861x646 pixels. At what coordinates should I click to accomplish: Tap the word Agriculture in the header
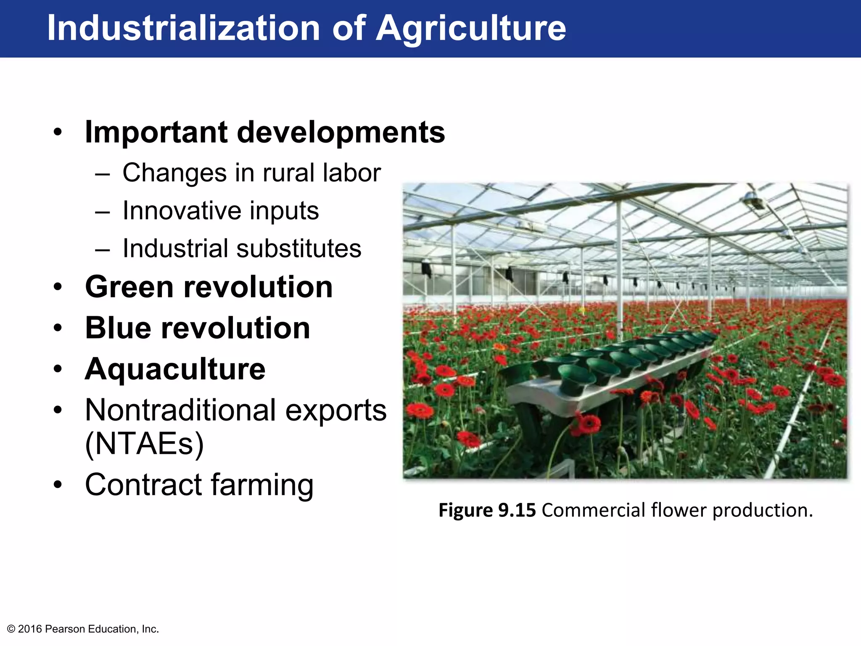(x=470, y=28)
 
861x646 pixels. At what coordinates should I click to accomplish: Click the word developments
(x=341, y=132)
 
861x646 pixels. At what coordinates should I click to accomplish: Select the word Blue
(x=117, y=328)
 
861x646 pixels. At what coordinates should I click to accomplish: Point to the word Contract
(x=143, y=484)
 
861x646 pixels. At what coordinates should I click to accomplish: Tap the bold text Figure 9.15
(x=487, y=510)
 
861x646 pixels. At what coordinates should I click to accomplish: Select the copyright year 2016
(x=30, y=629)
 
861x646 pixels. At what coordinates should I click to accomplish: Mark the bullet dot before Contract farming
(x=58, y=485)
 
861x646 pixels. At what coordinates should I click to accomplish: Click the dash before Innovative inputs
(x=103, y=211)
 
